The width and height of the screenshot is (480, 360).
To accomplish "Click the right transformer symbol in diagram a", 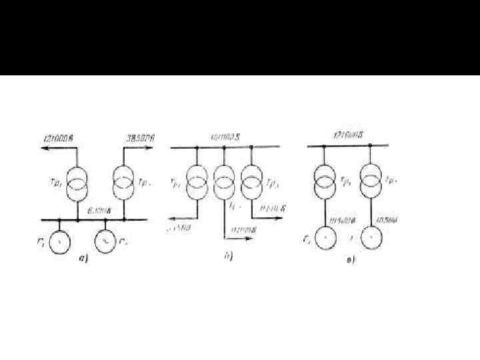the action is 125,183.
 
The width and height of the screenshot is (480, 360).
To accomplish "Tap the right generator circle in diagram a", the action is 106,240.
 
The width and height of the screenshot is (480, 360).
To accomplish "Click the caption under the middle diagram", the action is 227,257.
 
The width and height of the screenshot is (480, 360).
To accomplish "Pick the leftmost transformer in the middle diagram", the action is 198,183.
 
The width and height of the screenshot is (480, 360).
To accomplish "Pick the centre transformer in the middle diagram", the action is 225,183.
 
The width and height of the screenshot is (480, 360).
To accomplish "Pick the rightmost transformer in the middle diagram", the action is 251,183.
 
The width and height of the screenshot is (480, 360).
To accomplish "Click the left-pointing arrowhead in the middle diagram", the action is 171,217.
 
